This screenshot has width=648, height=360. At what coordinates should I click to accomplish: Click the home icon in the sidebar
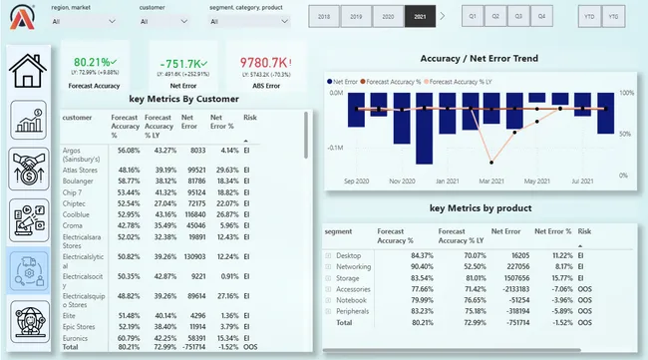tap(28, 69)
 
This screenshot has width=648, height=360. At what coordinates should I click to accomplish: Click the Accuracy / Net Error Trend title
tap(480, 58)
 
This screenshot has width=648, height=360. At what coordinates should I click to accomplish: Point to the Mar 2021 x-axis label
tap(490, 180)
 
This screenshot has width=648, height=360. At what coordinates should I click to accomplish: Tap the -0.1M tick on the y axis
tap(334, 147)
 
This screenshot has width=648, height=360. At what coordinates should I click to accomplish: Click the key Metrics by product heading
tap(480, 208)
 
